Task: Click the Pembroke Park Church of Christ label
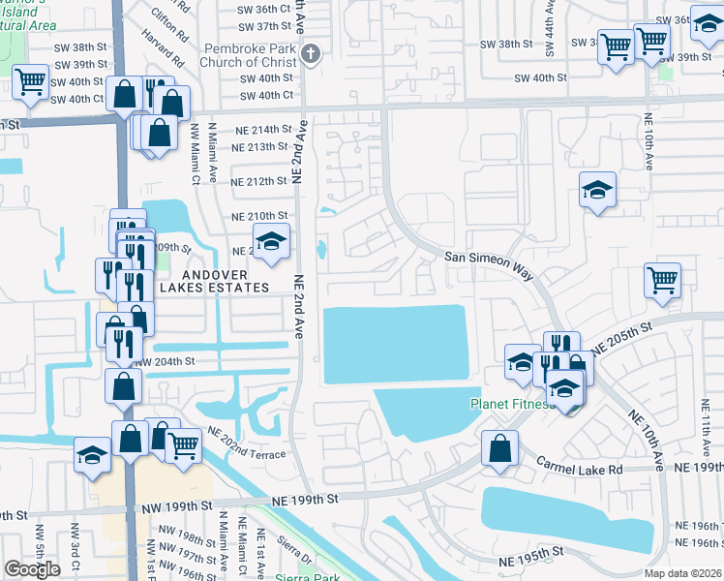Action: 255,55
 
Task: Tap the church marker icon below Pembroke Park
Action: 311,55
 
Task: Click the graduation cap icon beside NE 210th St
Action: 272,242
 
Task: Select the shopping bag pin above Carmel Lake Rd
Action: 499,448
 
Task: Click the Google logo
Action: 32,568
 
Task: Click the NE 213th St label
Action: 260,147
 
